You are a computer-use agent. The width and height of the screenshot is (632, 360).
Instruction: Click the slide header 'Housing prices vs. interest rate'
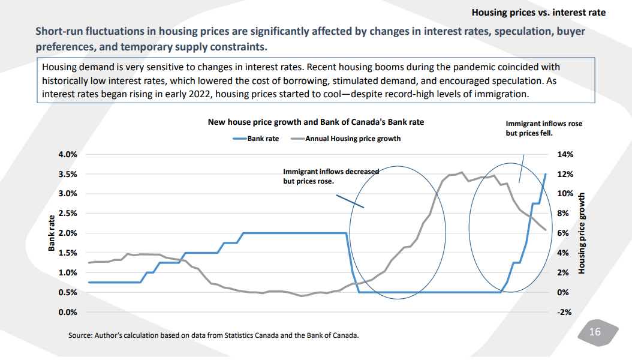coord(538,12)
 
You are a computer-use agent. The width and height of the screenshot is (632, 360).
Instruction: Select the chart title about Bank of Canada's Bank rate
coord(315,122)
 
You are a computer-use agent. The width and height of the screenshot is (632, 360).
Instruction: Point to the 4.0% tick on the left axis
coord(68,154)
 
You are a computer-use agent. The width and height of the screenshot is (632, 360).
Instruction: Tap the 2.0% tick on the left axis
coord(68,233)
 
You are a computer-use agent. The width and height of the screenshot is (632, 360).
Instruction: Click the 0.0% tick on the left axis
coord(68,312)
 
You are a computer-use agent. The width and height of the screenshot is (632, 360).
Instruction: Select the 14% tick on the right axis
coord(565,154)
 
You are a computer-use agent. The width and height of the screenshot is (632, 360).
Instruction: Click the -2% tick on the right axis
coord(565,312)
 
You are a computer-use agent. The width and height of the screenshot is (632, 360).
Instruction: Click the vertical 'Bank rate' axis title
coord(52,233)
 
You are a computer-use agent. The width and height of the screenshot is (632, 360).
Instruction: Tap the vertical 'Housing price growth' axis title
coord(581,233)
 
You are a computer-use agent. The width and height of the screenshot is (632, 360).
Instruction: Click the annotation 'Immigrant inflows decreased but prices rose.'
coord(330,176)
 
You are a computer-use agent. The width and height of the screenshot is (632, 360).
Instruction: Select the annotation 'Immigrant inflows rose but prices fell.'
coord(543,128)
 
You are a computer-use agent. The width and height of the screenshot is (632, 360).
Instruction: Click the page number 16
coord(595,332)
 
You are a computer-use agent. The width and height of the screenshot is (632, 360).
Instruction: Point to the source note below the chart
coord(213,335)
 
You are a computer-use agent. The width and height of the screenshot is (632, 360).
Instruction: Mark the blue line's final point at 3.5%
coord(545,174)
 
